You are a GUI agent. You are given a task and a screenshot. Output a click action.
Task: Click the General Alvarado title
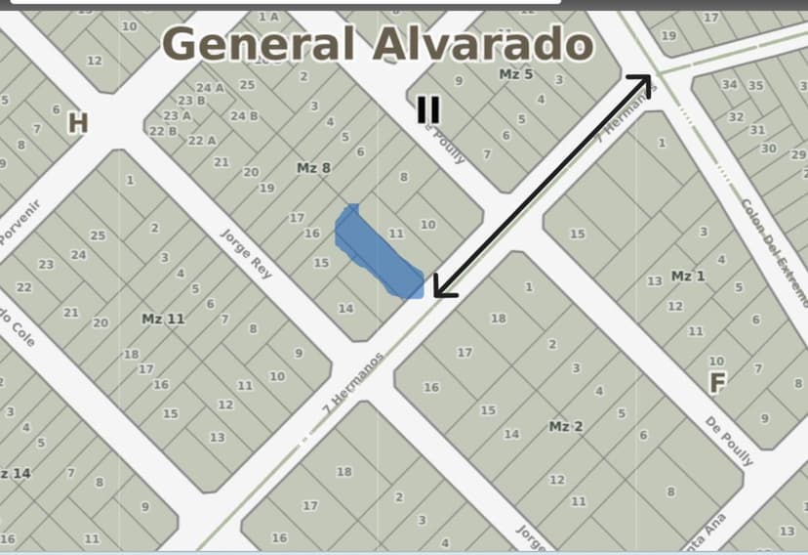coord(378,44)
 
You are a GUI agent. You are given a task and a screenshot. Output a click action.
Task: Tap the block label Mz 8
coord(313,168)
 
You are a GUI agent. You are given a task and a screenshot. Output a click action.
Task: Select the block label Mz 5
coord(515,74)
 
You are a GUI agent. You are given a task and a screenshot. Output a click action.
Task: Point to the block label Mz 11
coord(163,319)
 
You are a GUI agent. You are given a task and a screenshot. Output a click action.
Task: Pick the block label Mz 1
coord(688,277)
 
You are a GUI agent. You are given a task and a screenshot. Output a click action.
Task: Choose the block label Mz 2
coord(566,427)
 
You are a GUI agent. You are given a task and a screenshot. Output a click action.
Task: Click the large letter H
coord(78,123)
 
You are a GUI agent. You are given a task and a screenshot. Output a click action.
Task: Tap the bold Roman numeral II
coord(427,110)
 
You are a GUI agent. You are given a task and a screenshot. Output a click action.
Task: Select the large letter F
coord(716,383)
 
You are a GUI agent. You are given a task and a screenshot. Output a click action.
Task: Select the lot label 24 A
coord(210,88)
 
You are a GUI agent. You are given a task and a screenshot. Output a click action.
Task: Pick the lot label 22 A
coord(202,141)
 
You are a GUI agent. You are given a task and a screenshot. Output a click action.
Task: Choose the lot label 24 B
coord(244,116)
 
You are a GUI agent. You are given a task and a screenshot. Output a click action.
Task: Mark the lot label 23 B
coord(191,101)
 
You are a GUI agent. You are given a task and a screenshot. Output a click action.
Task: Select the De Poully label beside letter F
coord(729,441)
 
